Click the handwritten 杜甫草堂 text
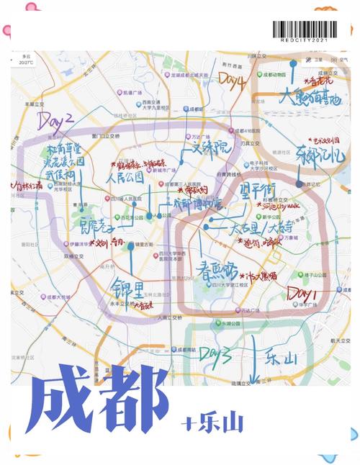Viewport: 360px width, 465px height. click(x=65, y=149)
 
